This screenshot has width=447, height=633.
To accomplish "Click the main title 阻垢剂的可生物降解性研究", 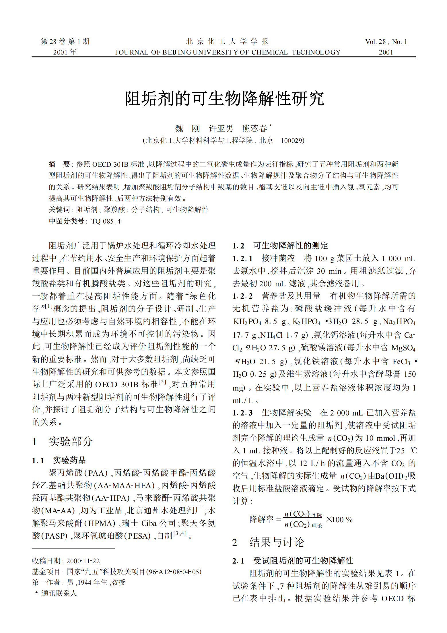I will tap(224, 99).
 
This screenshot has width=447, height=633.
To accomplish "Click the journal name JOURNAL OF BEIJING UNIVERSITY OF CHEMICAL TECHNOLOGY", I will tap(228, 52).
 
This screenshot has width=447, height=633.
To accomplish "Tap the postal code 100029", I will tap(292, 141).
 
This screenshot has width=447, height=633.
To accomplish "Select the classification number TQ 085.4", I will tap(106, 221).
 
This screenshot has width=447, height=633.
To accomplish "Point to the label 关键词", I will tap(59, 210).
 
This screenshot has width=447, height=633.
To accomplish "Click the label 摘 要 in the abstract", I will tap(59, 164).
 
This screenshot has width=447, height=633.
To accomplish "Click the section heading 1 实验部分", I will tap(63, 442).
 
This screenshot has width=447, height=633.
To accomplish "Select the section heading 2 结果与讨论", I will tap(268, 542).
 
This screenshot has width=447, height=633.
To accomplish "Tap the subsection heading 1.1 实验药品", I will tap(59, 460).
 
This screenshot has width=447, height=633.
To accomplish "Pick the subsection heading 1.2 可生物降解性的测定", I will tap(280, 246).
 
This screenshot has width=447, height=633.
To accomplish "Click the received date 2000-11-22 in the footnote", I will tap(83, 561).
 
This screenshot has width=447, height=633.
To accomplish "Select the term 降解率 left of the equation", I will tap(261, 519).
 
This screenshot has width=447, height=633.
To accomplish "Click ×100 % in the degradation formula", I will tap(339, 519).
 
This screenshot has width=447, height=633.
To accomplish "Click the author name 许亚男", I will tap(221, 129).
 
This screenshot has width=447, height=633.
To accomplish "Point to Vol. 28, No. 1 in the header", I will tap(386, 42).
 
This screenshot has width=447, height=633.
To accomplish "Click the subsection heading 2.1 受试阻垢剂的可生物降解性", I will tap(293, 561).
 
